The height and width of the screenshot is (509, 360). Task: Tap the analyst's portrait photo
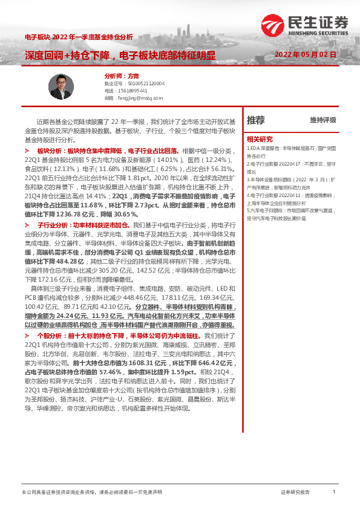tap(61, 87)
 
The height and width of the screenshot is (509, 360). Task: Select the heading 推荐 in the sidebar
tap(255, 120)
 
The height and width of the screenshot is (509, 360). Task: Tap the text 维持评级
tap(322, 120)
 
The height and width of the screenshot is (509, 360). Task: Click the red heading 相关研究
tap(260, 138)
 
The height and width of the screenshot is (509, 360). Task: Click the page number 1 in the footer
tap(334, 492)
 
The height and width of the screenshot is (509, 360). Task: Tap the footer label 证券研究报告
tap(295, 493)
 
